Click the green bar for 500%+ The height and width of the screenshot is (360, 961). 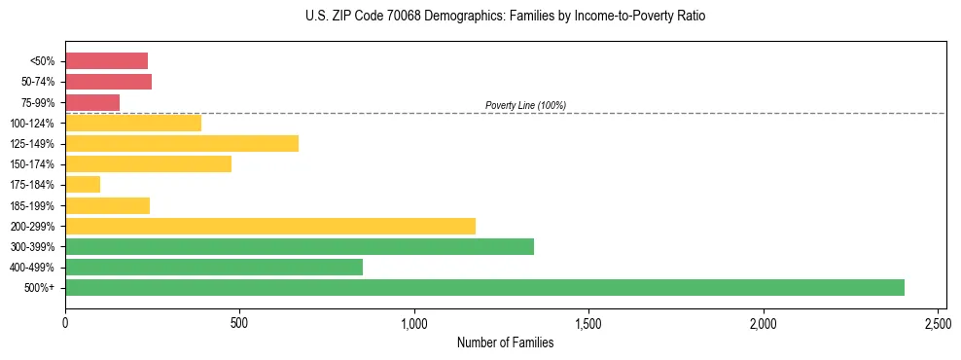click(x=484, y=287)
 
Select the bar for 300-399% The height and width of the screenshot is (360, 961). click(x=300, y=246)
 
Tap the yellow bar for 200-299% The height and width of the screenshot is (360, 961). click(x=270, y=226)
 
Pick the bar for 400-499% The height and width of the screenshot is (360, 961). click(x=214, y=267)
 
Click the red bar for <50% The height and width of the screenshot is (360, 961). click(x=107, y=61)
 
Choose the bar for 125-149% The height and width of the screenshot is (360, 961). click(x=182, y=143)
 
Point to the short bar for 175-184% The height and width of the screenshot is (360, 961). click(x=83, y=184)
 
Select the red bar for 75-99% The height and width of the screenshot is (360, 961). click(x=92, y=102)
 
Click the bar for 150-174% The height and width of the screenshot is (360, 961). click(x=148, y=163)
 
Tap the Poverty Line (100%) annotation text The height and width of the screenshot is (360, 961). click(x=525, y=105)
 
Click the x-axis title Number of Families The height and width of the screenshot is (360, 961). click(x=506, y=342)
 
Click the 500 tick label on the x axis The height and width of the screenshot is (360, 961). click(x=239, y=321)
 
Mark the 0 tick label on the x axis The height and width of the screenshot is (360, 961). click(x=65, y=321)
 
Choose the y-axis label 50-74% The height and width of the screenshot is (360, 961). click(x=37, y=82)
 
